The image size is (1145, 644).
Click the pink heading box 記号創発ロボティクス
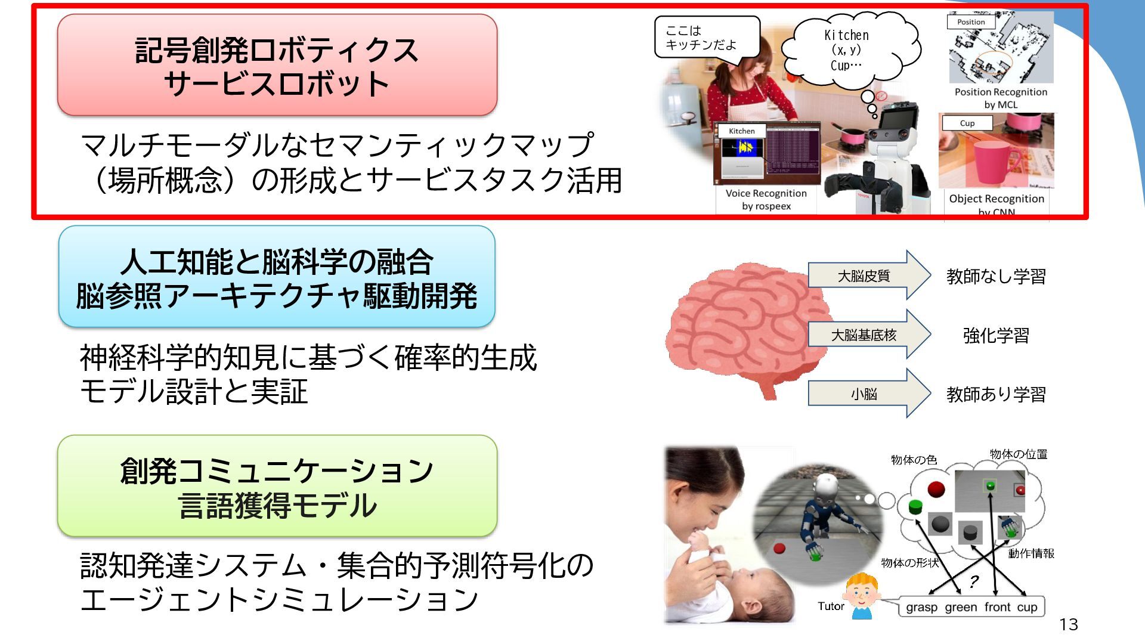277,65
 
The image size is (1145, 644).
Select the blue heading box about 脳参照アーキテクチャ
277,277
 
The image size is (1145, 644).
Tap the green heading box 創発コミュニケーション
277,487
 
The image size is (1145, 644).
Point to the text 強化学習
996,335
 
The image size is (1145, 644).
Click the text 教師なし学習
996,276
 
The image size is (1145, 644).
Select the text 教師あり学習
996,394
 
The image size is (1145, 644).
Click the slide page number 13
1069,624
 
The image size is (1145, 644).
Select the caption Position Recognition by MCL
1001,98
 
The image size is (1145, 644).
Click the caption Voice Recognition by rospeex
766,200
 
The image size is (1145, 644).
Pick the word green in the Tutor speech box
961,607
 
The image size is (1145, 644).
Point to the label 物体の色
914,460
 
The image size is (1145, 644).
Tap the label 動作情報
1031,553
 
